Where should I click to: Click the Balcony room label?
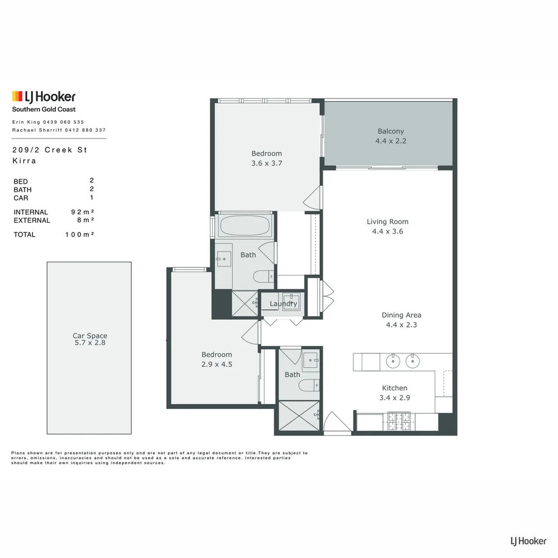coord(391,131)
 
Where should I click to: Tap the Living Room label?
coord(388,222)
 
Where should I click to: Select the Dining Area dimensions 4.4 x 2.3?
coord(401,325)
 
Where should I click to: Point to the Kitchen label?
coord(395,388)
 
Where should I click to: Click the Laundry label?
coord(283,304)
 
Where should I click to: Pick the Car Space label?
coord(90,336)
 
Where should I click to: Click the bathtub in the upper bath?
coord(244,225)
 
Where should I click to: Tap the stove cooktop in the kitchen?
coord(399,421)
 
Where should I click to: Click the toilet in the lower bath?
coord(309,385)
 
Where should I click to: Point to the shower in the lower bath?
coord(299,416)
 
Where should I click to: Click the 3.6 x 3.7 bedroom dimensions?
coord(267,163)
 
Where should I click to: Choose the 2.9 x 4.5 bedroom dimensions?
coord(216,364)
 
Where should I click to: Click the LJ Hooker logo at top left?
coord(44,97)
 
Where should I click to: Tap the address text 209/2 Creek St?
coord(50,150)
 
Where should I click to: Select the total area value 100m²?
coord(79,235)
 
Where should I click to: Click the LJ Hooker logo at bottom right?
coord(528,541)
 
